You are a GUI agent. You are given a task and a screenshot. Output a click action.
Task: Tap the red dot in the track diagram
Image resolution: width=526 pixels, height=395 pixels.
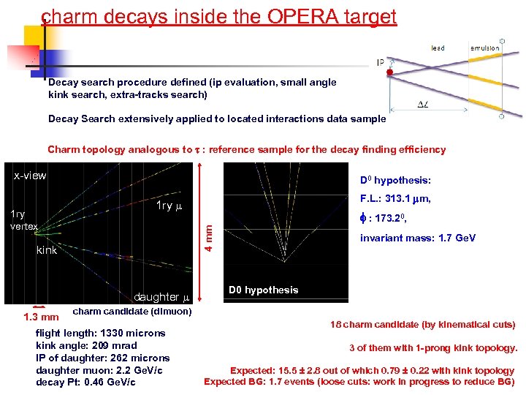(x=390, y=73)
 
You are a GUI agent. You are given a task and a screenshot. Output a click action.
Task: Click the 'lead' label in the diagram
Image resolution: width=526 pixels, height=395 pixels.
(x=438, y=48)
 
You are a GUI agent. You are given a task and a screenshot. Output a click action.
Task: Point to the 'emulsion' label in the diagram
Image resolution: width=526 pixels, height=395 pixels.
(x=484, y=48)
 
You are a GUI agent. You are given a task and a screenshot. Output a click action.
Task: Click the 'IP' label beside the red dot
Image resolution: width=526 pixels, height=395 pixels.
(x=381, y=63)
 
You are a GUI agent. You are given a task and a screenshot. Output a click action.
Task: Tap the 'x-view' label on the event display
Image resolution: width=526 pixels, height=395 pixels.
(x=31, y=176)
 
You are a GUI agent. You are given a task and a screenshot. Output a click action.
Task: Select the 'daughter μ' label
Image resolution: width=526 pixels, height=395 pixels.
(x=161, y=297)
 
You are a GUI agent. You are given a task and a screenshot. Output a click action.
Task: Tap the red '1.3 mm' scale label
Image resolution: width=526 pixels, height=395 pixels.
(x=41, y=317)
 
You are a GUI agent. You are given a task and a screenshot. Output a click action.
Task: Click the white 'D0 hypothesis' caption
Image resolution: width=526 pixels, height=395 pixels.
(x=263, y=290)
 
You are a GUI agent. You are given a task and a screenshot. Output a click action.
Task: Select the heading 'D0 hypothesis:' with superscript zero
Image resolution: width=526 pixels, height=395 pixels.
(x=396, y=181)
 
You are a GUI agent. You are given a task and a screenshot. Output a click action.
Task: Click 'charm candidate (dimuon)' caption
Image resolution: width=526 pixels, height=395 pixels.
(x=132, y=311)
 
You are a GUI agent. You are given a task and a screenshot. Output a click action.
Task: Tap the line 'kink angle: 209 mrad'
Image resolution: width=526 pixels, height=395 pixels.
(x=85, y=345)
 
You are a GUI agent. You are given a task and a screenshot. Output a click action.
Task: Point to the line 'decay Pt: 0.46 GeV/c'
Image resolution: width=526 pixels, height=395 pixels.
(x=85, y=382)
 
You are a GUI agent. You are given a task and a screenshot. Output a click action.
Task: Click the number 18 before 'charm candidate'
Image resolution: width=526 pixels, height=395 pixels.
(x=335, y=325)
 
